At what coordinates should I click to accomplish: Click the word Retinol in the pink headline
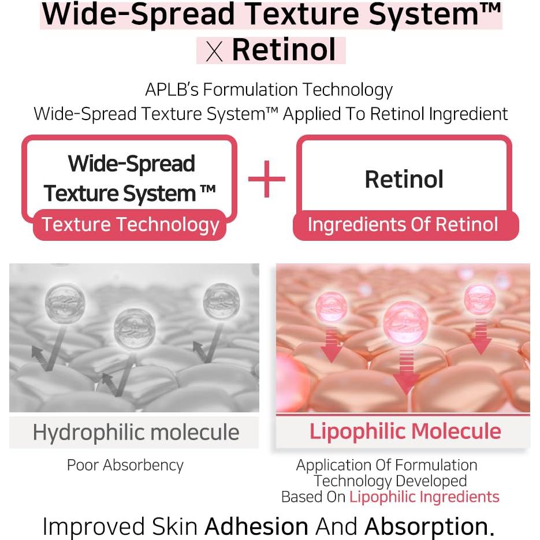(284, 50)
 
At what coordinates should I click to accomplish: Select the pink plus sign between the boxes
(267, 178)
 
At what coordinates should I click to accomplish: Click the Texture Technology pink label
(131, 225)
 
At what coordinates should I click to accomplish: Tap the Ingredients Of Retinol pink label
(403, 225)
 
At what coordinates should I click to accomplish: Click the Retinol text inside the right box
(404, 180)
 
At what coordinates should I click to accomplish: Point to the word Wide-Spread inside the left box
(131, 164)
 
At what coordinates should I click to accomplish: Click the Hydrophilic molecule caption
(136, 433)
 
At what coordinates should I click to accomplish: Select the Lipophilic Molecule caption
(405, 431)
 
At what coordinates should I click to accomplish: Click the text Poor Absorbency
(125, 465)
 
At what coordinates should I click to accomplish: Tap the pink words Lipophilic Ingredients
(424, 497)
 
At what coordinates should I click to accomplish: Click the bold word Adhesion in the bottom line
(257, 526)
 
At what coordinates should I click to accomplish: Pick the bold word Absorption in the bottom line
(426, 526)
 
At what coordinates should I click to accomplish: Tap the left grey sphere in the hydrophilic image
(65, 303)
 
